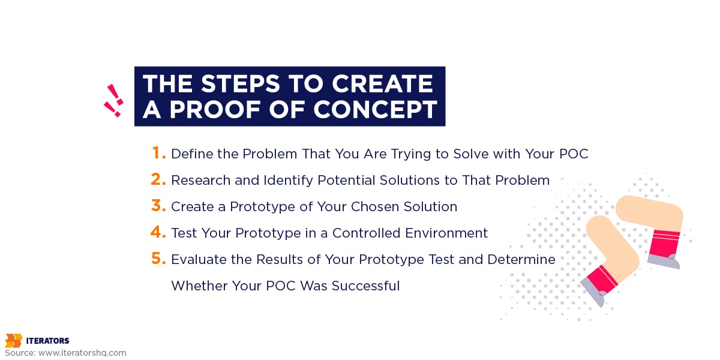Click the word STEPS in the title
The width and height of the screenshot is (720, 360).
(x=241, y=83)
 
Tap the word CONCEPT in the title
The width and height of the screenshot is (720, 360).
(x=375, y=110)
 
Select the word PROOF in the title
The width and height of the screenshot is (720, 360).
(x=214, y=110)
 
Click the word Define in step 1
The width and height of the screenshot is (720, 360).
(x=191, y=154)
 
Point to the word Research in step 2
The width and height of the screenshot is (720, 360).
(x=200, y=180)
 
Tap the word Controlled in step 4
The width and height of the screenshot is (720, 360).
(x=366, y=233)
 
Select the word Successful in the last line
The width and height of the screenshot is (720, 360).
(x=366, y=286)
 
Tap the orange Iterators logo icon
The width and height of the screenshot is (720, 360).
(x=13, y=341)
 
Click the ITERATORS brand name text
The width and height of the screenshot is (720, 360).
(x=47, y=341)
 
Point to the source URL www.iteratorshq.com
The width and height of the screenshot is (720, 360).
(x=82, y=353)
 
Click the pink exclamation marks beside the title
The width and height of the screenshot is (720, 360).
(x=113, y=101)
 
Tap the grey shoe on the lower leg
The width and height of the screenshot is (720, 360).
(x=593, y=292)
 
